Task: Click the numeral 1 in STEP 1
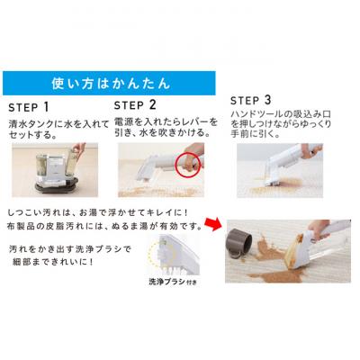[x=46, y=107]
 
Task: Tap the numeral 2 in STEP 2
[x=152, y=105]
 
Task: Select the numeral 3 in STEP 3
[x=267, y=100]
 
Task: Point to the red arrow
[x=212, y=224]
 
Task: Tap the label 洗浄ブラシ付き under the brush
[x=173, y=282]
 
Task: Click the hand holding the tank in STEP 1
[x=78, y=150]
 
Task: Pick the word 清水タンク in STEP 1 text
[x=31, y=124]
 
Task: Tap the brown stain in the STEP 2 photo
[x=156, y=192]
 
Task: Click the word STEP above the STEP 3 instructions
[x=245, y=101]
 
